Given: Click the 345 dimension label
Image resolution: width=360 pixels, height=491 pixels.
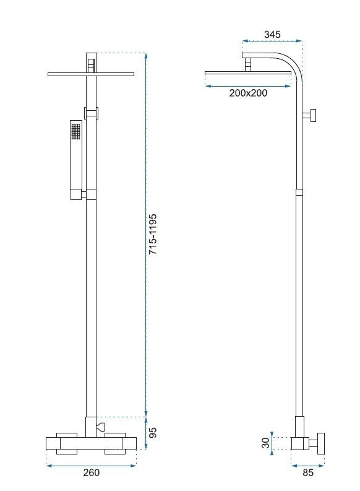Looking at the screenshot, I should pyautogui.click(x=272, y=35).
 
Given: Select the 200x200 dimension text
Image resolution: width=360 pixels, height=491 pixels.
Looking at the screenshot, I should pyautogui.click(x=248, y=93).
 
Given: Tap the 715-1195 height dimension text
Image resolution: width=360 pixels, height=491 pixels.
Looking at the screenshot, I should pyautogui.click(x=153, y=235).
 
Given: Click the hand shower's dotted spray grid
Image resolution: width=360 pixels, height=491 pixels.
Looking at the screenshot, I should pyautogui.click(x=76, y=131).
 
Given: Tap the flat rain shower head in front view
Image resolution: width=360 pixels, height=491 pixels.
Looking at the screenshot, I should pyautogui.click(x=91, y=74).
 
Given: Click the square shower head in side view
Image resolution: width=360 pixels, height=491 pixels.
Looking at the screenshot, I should pyautogui.click(x=247, y=73).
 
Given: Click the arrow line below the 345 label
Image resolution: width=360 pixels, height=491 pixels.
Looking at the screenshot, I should pyautogui.click(x=272, y=43).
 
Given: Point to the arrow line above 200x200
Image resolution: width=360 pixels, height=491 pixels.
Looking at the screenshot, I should pyautogui.click(x=247, y=86).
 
